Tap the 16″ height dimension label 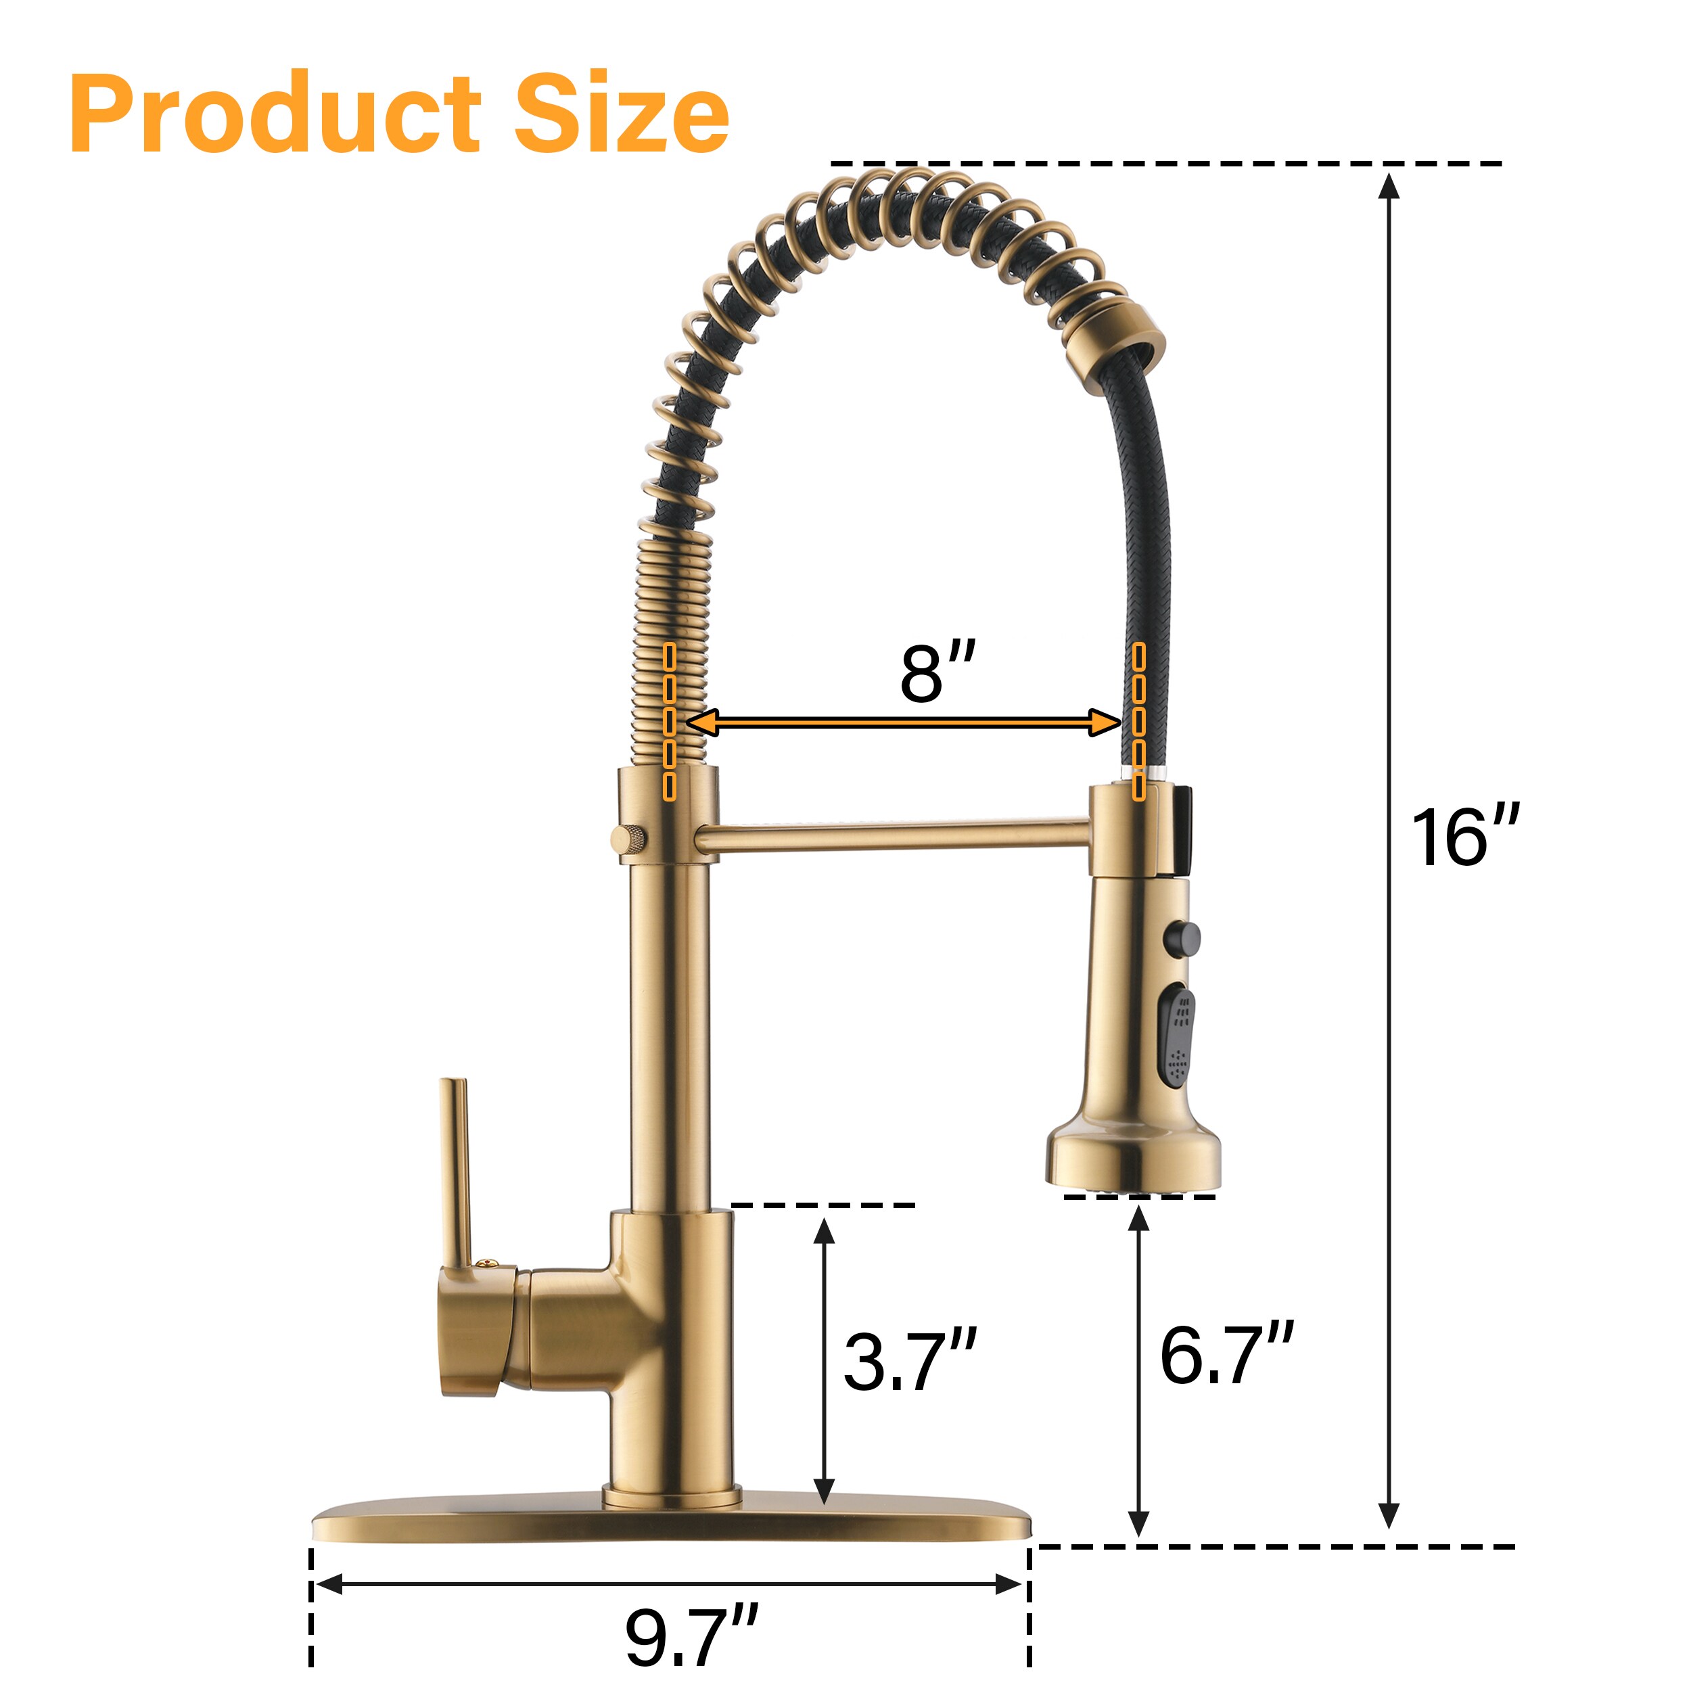1465,837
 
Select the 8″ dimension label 937,672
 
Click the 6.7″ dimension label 1226,1354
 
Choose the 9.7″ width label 691,1637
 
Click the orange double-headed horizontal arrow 902,722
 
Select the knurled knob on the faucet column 629,839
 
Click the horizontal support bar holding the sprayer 893,834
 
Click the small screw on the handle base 486,1263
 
